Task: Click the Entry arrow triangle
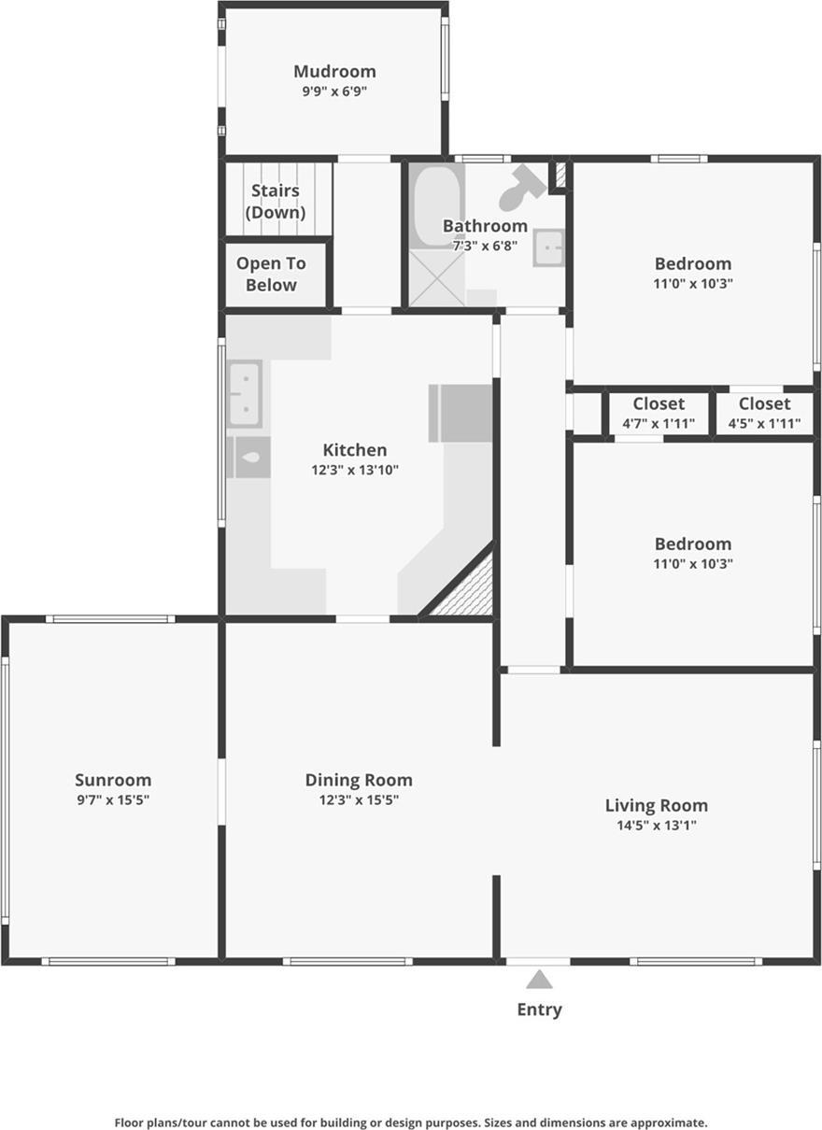539,980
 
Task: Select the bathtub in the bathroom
437,205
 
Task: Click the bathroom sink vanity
548,247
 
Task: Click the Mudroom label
334,72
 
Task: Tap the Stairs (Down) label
276,202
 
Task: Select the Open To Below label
271,275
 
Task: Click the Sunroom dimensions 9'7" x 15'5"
113,800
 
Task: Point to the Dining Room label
359,780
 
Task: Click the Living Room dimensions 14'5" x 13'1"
656,826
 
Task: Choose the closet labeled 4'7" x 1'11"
659,413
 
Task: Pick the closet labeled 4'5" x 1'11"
764,413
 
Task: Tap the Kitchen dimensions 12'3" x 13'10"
355,471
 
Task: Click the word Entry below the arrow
539,1010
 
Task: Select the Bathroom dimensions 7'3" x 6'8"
485,247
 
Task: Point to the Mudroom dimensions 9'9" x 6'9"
334,92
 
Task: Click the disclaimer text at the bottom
411,1123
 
